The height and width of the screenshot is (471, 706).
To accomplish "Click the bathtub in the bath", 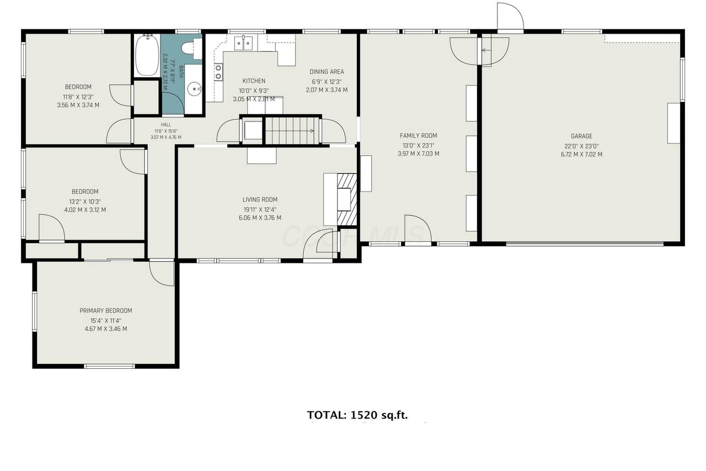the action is click(147, 55).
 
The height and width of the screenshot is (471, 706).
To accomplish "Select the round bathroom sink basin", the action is click(194, 89).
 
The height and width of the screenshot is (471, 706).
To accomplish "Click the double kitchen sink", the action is click(243, 43).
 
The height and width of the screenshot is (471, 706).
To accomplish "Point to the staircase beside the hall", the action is click(292, 131).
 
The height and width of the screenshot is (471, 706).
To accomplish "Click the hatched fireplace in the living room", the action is click(347, 199).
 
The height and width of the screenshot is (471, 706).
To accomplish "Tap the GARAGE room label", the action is click(581, 136).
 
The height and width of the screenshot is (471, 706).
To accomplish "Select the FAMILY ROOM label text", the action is click(418, 135).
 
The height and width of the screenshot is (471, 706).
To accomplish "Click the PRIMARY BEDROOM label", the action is click(105, 310).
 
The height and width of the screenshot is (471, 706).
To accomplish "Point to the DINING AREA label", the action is click(327, 72).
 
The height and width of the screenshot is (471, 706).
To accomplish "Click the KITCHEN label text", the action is click(254, 81).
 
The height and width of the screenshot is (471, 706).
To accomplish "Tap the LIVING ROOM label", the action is click(260, 199).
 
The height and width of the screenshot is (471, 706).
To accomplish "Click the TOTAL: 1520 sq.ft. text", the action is click(357, 415).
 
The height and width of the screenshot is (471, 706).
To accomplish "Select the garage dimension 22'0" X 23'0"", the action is click(581, 146).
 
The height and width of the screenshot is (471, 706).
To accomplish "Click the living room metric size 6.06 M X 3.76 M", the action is click(260, 218).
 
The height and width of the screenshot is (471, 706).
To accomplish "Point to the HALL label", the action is click(166, 125).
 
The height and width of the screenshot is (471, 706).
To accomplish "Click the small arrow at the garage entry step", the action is click(486, 50).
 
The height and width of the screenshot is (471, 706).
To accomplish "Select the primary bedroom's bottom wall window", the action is click(109, 366).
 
